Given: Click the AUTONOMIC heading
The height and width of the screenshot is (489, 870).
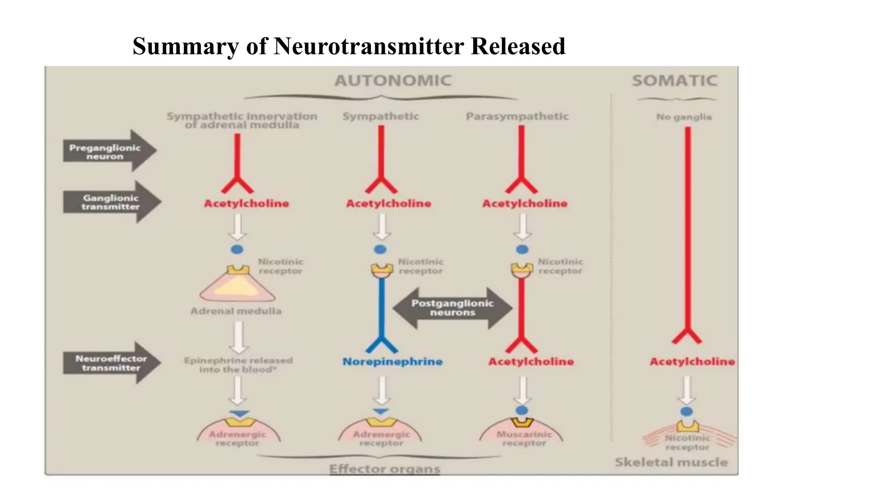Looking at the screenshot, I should pos(393,81).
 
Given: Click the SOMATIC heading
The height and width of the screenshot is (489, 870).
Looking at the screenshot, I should pos(675,81).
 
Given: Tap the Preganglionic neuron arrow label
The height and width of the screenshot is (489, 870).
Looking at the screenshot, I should pos(105,152).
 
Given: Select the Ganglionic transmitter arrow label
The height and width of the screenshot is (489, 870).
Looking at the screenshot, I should pos(110,202).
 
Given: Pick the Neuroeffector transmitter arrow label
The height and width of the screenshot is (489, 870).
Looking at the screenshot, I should pos(111,363).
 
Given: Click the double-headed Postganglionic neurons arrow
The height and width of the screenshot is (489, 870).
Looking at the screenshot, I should pos(452,308).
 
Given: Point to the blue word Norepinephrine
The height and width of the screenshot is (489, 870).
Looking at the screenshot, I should pos(393,362).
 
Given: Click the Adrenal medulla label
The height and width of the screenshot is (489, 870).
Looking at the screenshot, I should pos(236,311).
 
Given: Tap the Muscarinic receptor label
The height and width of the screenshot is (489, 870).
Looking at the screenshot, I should pos(524,439).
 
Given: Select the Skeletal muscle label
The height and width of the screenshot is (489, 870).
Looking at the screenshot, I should pos(671,462).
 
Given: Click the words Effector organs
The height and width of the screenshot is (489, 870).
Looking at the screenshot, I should pos(384,469).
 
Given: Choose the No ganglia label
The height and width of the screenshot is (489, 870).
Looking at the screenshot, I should pos(684,117).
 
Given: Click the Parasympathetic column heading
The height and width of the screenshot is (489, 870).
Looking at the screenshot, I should pos(517,116).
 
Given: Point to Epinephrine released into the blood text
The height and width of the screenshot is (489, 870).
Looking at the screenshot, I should pos(238,365).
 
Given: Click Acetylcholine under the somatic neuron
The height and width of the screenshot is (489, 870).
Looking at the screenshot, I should pos(692,362).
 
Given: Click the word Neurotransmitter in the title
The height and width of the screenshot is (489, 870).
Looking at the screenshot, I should pos(368,46).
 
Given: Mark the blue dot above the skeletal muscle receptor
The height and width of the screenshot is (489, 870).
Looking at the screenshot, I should pos(686,411).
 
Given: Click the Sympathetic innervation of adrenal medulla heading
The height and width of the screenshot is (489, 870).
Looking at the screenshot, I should pos(242,121).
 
